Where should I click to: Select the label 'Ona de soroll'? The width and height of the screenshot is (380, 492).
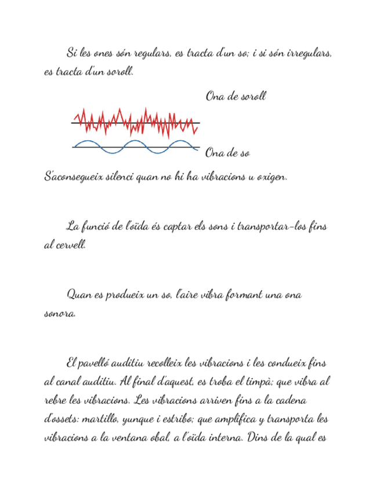click(x=236, y=96)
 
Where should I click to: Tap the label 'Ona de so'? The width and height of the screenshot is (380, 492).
click(x=227, y=153)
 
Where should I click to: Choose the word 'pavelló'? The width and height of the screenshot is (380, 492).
click(x=96, y=364)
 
